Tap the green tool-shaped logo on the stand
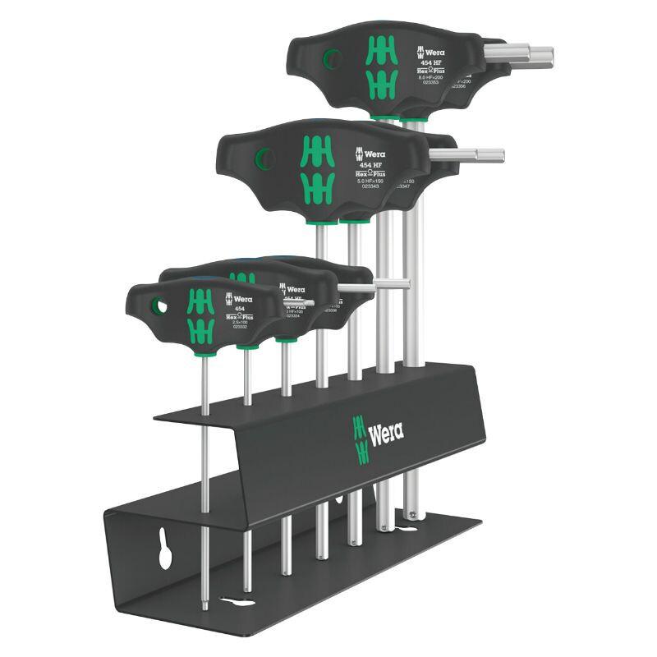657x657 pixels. click(359, 439)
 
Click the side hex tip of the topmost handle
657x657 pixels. click(538, 54)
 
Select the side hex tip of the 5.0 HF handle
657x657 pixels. click(488, 154)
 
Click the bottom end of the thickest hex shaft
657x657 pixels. click(410, 515)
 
